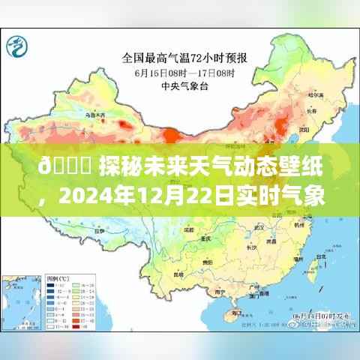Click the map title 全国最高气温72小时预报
(x=179, y=55)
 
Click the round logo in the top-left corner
(x=16, y=48)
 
